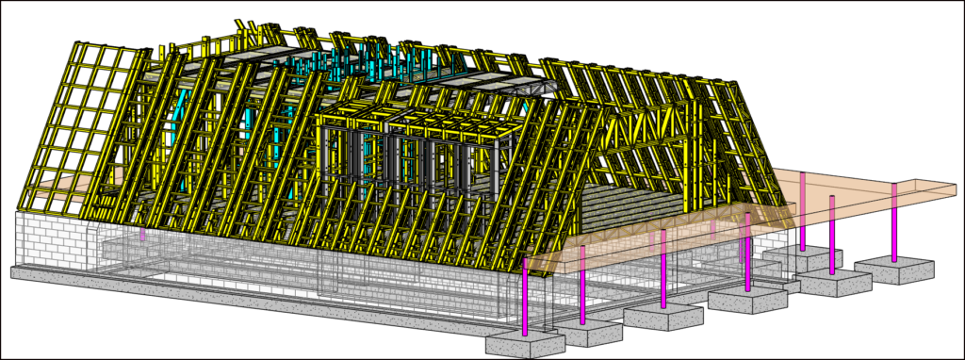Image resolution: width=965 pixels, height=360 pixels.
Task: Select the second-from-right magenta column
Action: (x=832, y=235)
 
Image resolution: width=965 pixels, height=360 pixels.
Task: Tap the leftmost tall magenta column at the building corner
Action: (x=525, y=296)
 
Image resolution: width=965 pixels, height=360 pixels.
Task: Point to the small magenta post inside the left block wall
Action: (x=142, y=233)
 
